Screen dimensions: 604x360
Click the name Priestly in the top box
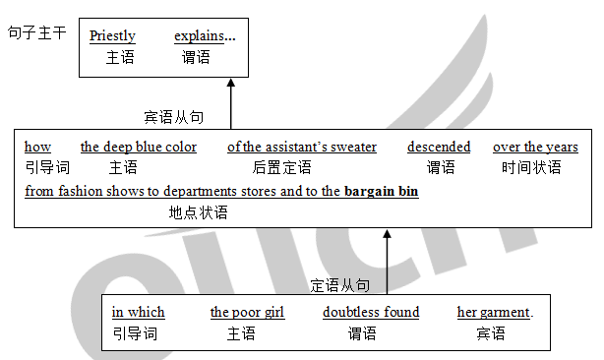point(112,36)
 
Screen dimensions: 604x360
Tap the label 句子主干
point(36,32)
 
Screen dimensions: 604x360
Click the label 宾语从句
point(174,117)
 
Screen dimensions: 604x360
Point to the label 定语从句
point(340,285)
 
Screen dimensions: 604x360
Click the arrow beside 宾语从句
point(231,104)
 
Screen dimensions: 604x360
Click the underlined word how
point(37,148)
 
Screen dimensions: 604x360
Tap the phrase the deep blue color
point(139,148)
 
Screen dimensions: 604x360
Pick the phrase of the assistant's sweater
point(302,148)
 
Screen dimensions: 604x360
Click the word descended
point(439,148)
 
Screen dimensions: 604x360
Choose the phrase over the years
point(535,148)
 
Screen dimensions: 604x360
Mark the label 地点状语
point(198,211)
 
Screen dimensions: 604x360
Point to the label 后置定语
point(281,168)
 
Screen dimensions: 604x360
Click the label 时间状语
point(532,168)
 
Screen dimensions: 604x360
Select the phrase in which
point(139,313)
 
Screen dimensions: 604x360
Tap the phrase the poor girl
point(247,313)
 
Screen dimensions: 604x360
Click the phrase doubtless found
point(371,313)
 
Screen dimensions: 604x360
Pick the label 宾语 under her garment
point(490,333)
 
